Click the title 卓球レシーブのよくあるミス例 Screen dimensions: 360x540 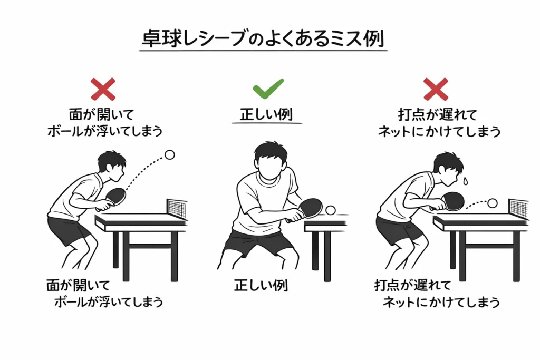click(263, 40)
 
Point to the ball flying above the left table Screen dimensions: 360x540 click(169, 155)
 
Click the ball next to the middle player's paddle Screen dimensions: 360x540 click(331, 210)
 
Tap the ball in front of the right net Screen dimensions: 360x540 click(492, 203)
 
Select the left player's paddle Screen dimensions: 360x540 click(115, 197)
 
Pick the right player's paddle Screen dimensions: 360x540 click(452, 200)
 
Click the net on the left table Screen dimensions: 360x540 click(177, 208)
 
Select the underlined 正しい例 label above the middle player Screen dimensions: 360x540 click(266, 115)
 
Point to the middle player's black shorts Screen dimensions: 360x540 click(258, 243)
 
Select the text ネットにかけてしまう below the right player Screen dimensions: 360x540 click(441, 302)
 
